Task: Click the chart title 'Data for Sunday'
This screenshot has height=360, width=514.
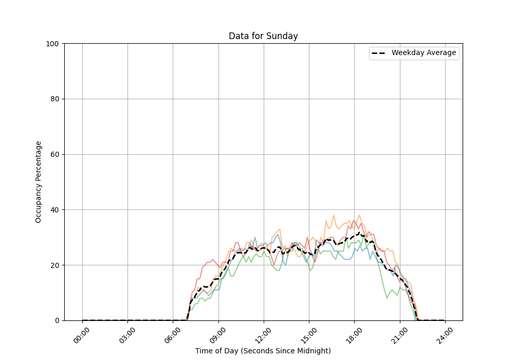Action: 263,37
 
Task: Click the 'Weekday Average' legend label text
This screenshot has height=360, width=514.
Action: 424,53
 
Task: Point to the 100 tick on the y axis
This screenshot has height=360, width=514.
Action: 53,44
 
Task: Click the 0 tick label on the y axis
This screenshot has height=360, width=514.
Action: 58,320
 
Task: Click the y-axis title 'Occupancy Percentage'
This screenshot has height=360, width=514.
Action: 39,182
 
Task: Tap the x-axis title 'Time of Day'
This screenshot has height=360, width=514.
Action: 263,351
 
